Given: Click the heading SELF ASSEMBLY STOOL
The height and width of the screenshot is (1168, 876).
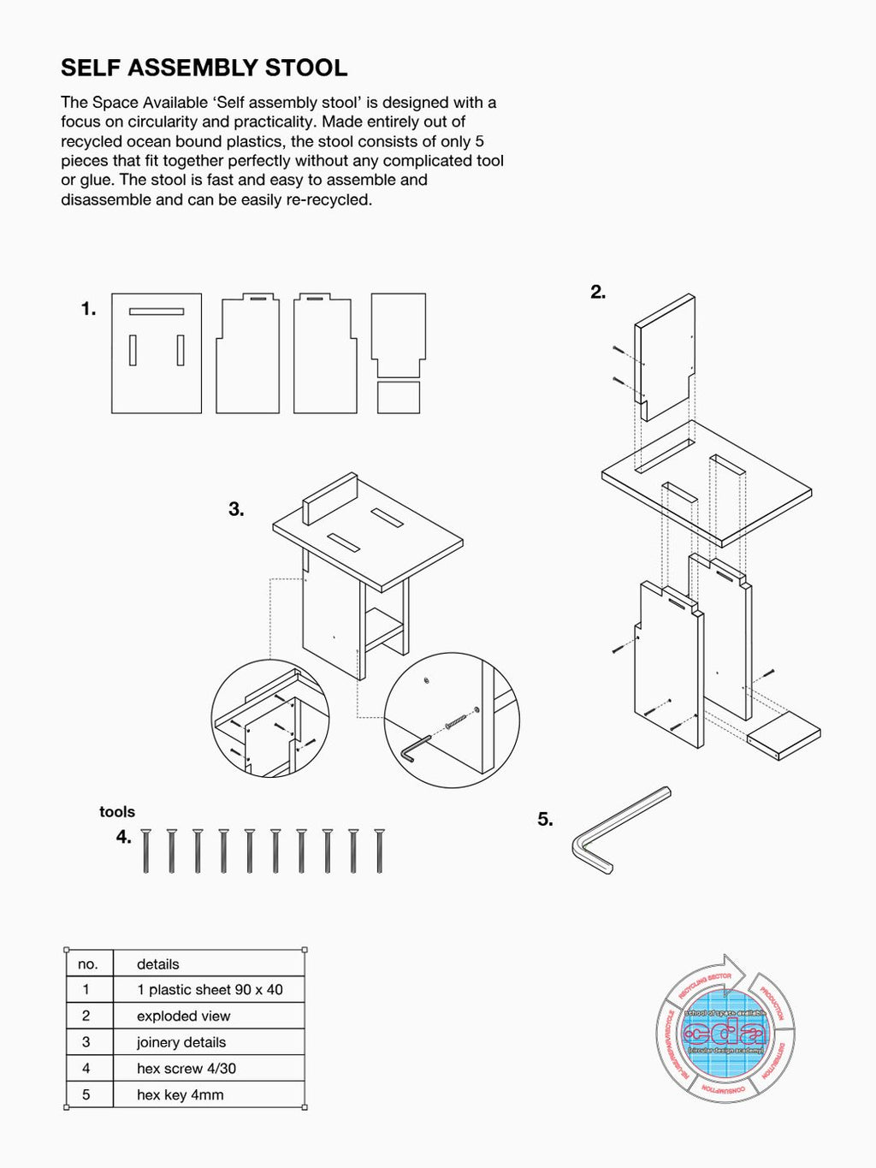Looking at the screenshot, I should pyautogui.click(x=204, y=68).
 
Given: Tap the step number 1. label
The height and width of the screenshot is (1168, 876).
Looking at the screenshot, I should pyautogui.click(x=89, y=309).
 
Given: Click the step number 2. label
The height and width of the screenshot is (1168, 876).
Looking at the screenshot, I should pyautogui.click(x=598, y=292).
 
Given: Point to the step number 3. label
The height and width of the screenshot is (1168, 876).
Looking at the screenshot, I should pyautogui.click(x=236, y=509).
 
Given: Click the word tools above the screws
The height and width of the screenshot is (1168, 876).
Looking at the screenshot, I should pyautogui.click(x=117, y=812).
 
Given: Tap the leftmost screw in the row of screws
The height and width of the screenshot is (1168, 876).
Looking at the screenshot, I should pyautogui.click(x=145, y=851).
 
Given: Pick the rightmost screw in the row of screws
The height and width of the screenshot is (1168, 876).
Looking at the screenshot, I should pyautogui.click(x=379, y=851).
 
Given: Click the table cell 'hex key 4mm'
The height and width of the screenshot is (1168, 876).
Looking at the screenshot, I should pyautogui.click(x=181, y=1095).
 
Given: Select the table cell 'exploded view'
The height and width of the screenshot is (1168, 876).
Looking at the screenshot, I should pyautogui.click(x=184, y=1017).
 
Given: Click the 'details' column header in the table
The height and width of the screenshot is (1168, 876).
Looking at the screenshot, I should pyautogui.click(x=158, y=964).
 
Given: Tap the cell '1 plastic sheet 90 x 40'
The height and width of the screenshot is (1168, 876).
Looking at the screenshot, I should pyautogui.click(x=210, y=990).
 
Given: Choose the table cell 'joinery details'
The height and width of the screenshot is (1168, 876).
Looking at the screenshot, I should pyautogui.click(x=181, y=1042).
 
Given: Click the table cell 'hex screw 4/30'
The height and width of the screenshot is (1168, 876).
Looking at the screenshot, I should pyautogui.click(x=186, y=1069).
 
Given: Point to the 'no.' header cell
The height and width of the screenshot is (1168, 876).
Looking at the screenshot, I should pyautogui.click(x=88, y=964).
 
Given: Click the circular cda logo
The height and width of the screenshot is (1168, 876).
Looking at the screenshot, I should pyautogui.click(x=725, y=1031).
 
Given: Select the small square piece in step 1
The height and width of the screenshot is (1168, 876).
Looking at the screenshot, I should pyautogui.click(x=399, y=398).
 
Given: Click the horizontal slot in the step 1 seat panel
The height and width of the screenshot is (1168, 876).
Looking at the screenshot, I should pyautogui.click(x=157, y=311).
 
